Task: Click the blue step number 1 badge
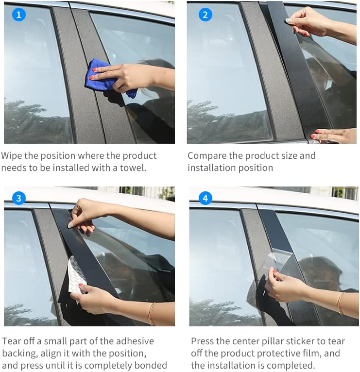(18, 15)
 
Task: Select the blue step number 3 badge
(18, 198)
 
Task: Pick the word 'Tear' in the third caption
(12, 341)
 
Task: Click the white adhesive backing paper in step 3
(76, 274)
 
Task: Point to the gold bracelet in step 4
(340, 303)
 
